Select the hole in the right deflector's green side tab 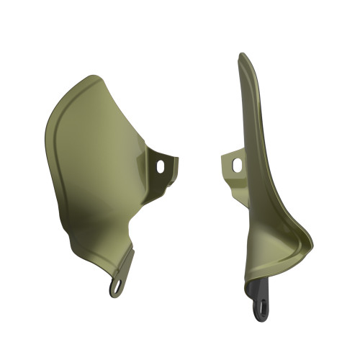point(236,165)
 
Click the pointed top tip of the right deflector point(242,55)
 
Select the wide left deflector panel point(94,166)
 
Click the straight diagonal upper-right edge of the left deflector point(126,108)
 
